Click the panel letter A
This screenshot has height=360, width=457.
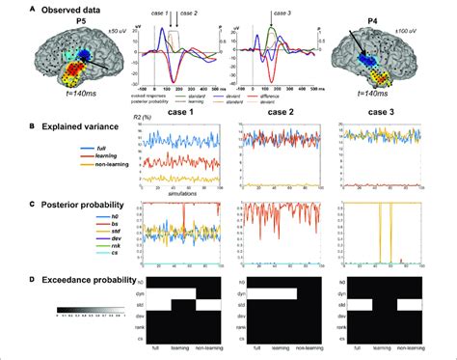pyautogui.click(x=7, y=8)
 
